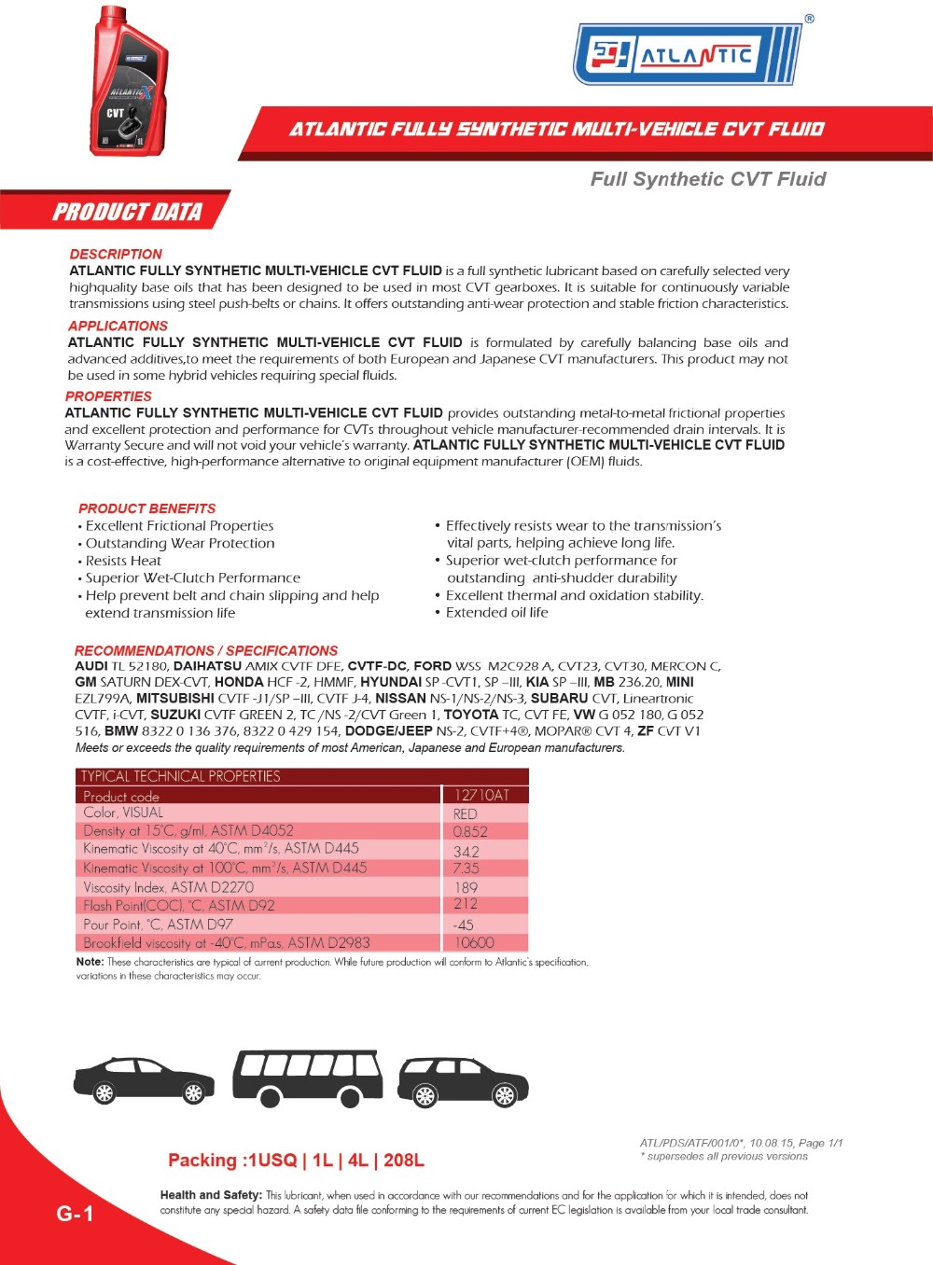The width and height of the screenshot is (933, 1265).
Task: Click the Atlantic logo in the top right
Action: coord(688,54)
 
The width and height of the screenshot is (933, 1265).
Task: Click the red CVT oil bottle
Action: coord(130,82)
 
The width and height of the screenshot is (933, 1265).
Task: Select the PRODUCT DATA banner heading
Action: coord(127,212)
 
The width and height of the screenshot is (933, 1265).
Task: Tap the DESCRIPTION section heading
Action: coord(116,254)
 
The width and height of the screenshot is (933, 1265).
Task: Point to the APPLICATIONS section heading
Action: coord(118,326)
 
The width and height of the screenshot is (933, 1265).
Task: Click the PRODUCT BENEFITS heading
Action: coord(146,508)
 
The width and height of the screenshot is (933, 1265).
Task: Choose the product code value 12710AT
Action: coord(481,795)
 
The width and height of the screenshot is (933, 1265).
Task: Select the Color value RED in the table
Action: coord(465,813)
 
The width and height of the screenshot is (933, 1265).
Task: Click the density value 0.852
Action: coord(470,831)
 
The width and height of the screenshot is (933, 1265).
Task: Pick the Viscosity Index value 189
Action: coord(466,887)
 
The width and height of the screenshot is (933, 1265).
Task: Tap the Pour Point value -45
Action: coord(463,924)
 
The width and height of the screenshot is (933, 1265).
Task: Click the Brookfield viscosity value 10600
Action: coord(474,943)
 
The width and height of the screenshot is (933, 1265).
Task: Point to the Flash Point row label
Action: coord(178,905)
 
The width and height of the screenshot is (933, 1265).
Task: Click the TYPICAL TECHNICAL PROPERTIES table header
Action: coord(180,776)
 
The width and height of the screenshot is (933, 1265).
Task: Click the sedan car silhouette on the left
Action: coord(144,1081)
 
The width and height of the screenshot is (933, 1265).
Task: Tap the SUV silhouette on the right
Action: coord(463,1082)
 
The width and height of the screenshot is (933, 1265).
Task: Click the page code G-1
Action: coord(75,1213)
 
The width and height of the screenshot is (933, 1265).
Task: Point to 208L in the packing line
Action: coord(403,1161)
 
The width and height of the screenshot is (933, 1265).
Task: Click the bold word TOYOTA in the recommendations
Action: coord(471,715)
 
